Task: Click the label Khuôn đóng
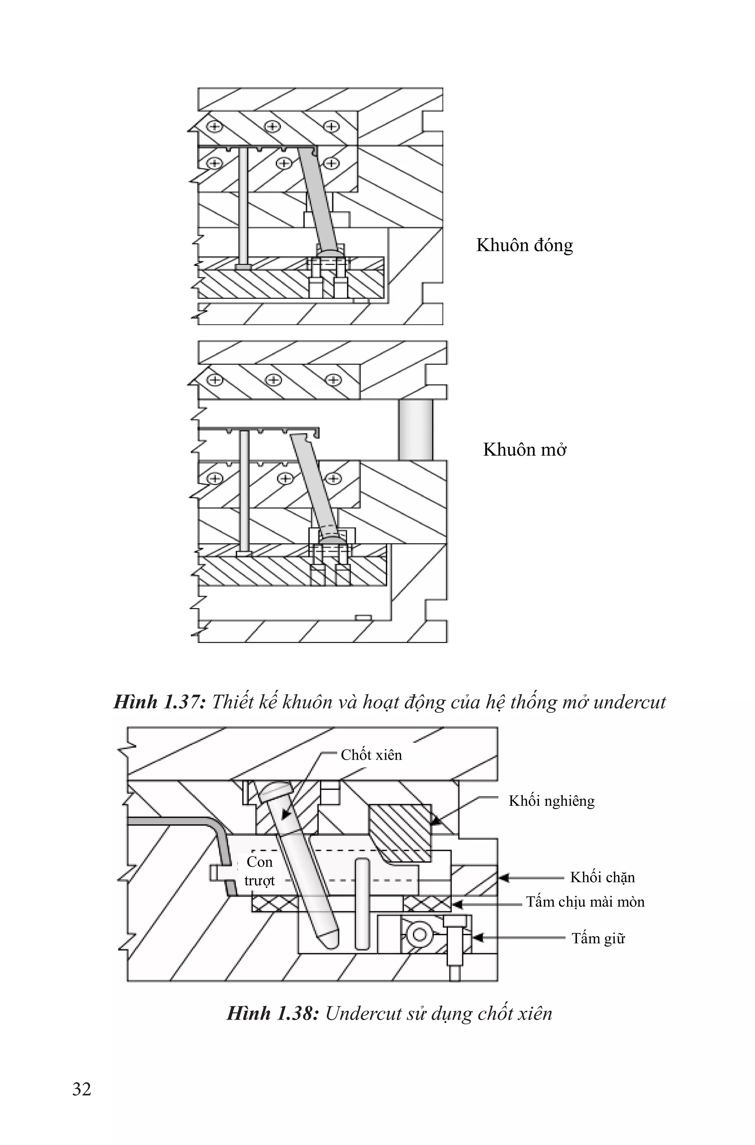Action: tap(524, 245)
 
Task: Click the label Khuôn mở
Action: tap(524, 450)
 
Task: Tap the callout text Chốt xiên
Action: tap(371, 754)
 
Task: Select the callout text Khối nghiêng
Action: tap(552, 801)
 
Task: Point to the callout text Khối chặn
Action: tap(602, 877)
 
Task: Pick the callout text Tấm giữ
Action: tap(598, 938)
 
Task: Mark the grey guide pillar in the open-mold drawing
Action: tap(415, 430)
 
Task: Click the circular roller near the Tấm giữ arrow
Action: tap(419, 934)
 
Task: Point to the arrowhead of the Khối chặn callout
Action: tap(504, 878)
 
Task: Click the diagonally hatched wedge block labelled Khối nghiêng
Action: tap(399, 832)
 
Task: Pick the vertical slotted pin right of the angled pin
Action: tap(362, 903)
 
